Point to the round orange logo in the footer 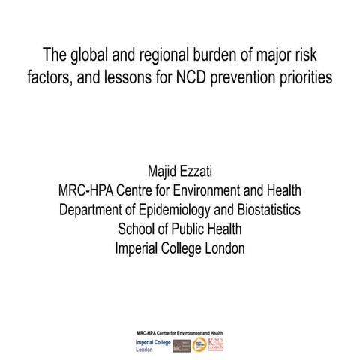(x=199, y=345)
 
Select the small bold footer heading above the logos (x=180, y=331)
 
